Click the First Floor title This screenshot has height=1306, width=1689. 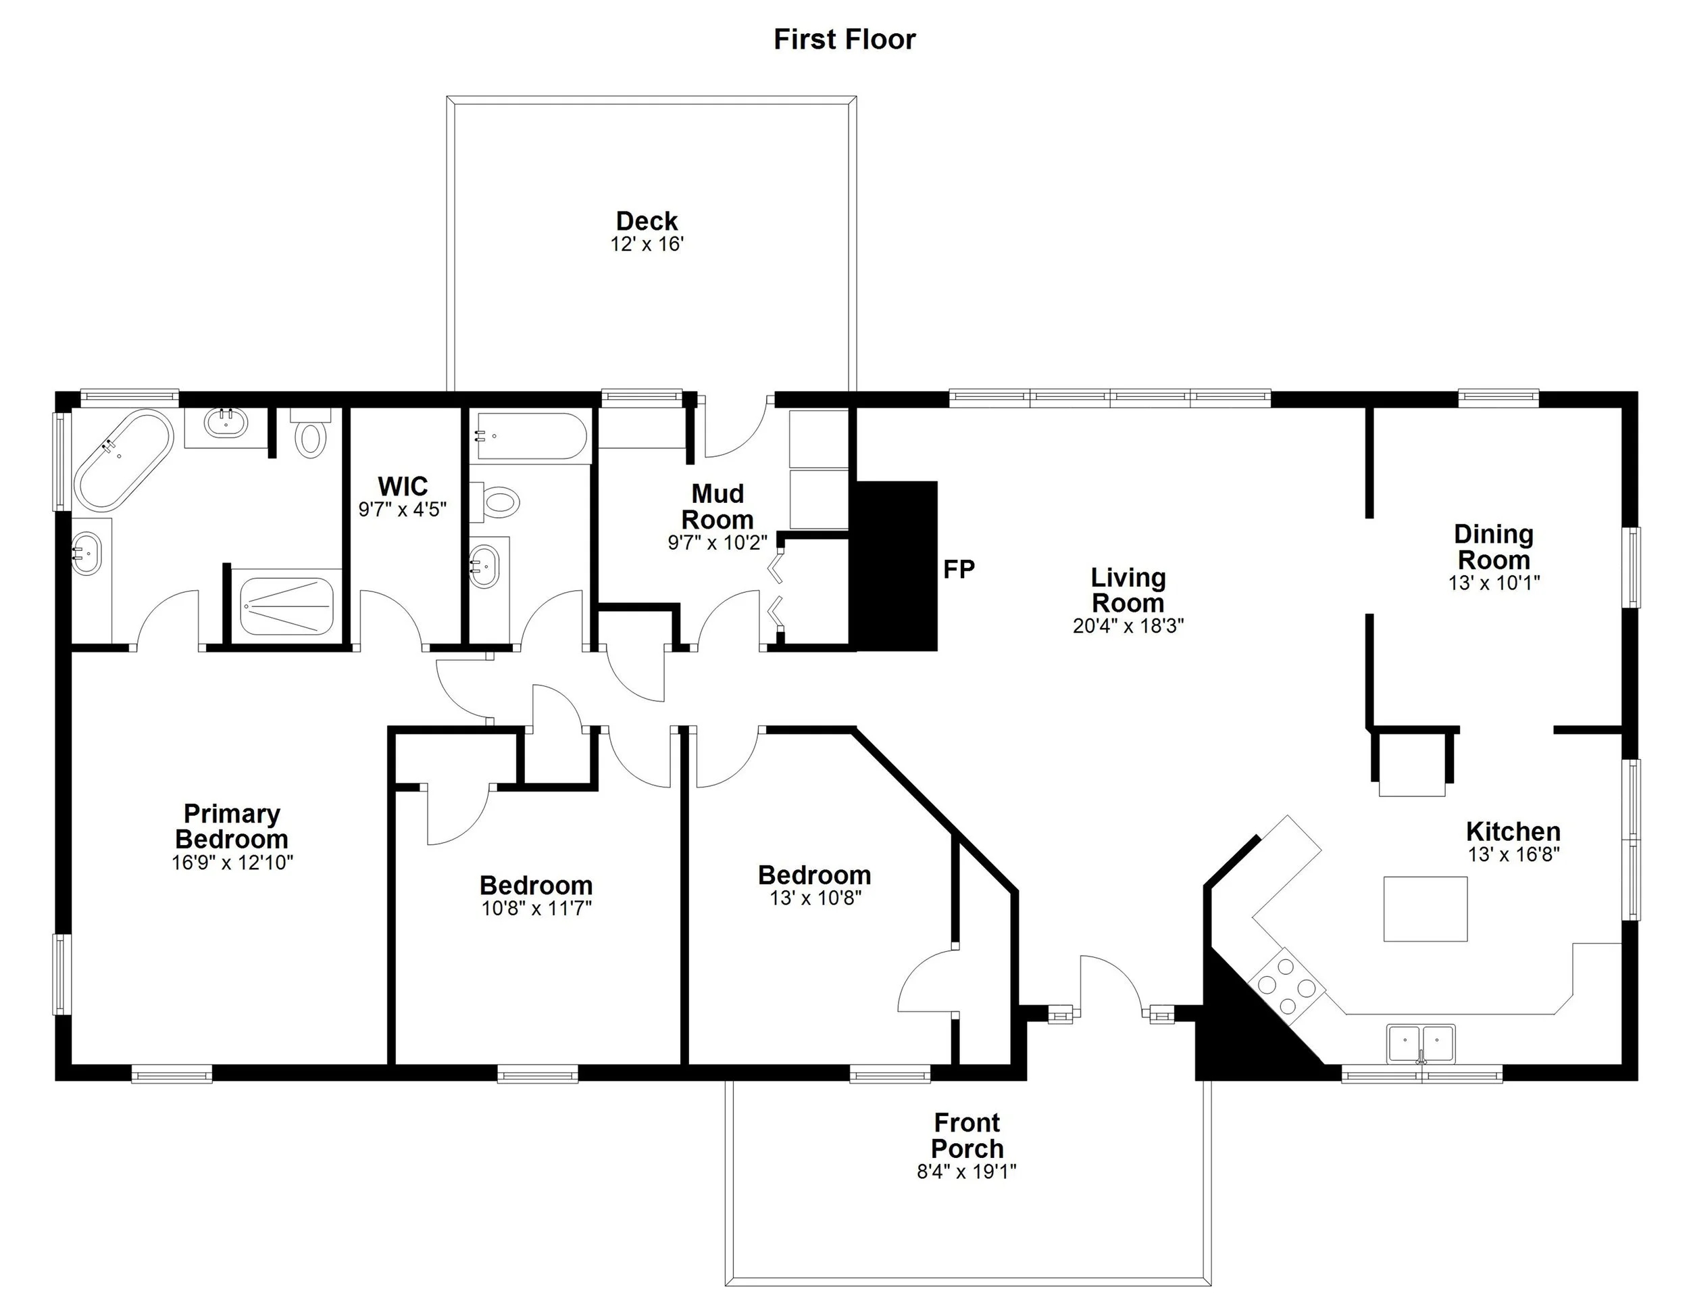pyautogui.click(x=844, y=39)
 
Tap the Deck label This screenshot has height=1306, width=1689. pyautogui.click(x=647, y=221)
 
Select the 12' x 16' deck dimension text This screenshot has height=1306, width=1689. pyautogui.click(x=647, y=245)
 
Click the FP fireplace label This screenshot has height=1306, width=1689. pyautogui.click(x=959, y=569)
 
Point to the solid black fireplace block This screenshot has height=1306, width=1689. pyautogui.click(x=894, y=566)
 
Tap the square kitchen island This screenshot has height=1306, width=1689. pyautogui.click(x=1425, y=909)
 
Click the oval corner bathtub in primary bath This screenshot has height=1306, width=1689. pyautogui.click(x=123, y=460)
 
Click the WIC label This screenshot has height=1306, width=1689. pyautogui.click(x=402, y=487)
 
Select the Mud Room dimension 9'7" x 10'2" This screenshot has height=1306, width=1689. pyautogui.click(x=717, y=542)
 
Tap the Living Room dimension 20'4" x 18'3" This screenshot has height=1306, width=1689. pyautogui.click(x=1128, y=625)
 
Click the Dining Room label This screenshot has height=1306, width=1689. pyautogui.click(x=1493, y=547)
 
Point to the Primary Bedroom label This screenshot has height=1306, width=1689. pyautogui.click(x=231, y=826)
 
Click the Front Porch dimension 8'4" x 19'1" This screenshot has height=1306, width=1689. pyautogui.click(x=966, y=1171)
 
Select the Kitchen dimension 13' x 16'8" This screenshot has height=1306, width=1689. pyautogui.click(x=1513, y=854)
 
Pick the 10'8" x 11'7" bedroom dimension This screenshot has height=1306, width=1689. pyautogui.click(x=536, y=909)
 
